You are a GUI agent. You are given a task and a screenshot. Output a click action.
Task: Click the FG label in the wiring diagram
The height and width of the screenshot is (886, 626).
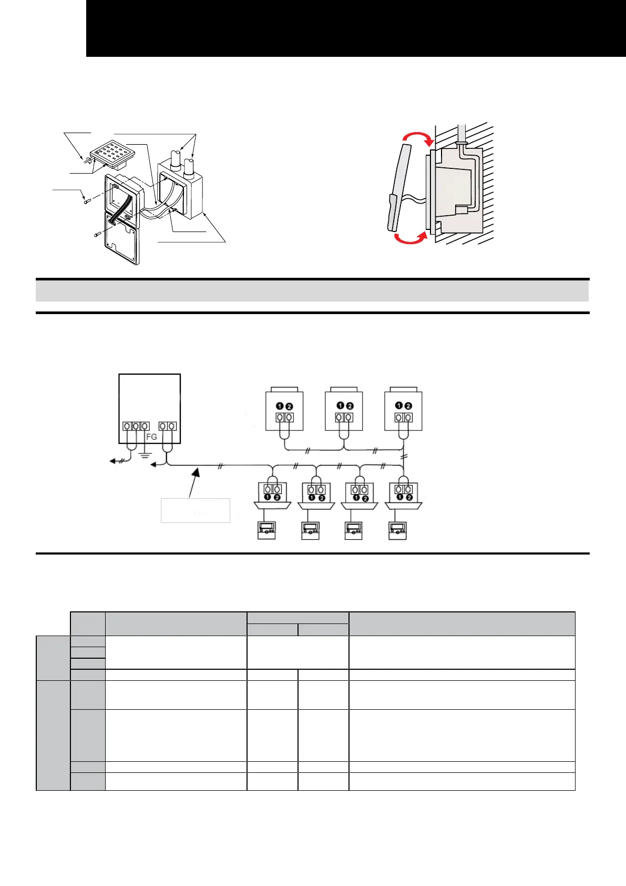(151, 437)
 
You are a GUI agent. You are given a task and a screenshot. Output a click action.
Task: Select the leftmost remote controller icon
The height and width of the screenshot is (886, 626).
(266, 530)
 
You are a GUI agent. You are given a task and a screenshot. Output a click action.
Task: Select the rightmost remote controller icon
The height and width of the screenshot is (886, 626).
(397, 530)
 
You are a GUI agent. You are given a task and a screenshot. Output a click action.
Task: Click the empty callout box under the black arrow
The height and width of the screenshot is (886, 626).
(195, 510)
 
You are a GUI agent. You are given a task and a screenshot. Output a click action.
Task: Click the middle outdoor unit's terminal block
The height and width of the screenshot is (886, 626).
(345, 418)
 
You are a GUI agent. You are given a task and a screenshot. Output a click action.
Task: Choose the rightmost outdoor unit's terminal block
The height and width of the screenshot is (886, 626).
(404, 418)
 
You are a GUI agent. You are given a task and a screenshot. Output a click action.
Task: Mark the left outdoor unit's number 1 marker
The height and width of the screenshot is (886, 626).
(280, 406)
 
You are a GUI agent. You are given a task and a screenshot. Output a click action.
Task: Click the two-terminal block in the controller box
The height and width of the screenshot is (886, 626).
(168, 426)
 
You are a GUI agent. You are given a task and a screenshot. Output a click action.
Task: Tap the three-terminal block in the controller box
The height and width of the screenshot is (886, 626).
(136, 426)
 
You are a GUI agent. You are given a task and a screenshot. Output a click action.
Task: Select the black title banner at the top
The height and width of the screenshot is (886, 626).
(356, 28)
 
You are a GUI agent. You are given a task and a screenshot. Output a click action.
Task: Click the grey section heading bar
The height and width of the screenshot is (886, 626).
(312, 290)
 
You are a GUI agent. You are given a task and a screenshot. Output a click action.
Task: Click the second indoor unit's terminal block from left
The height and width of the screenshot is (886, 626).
(316, 490)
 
